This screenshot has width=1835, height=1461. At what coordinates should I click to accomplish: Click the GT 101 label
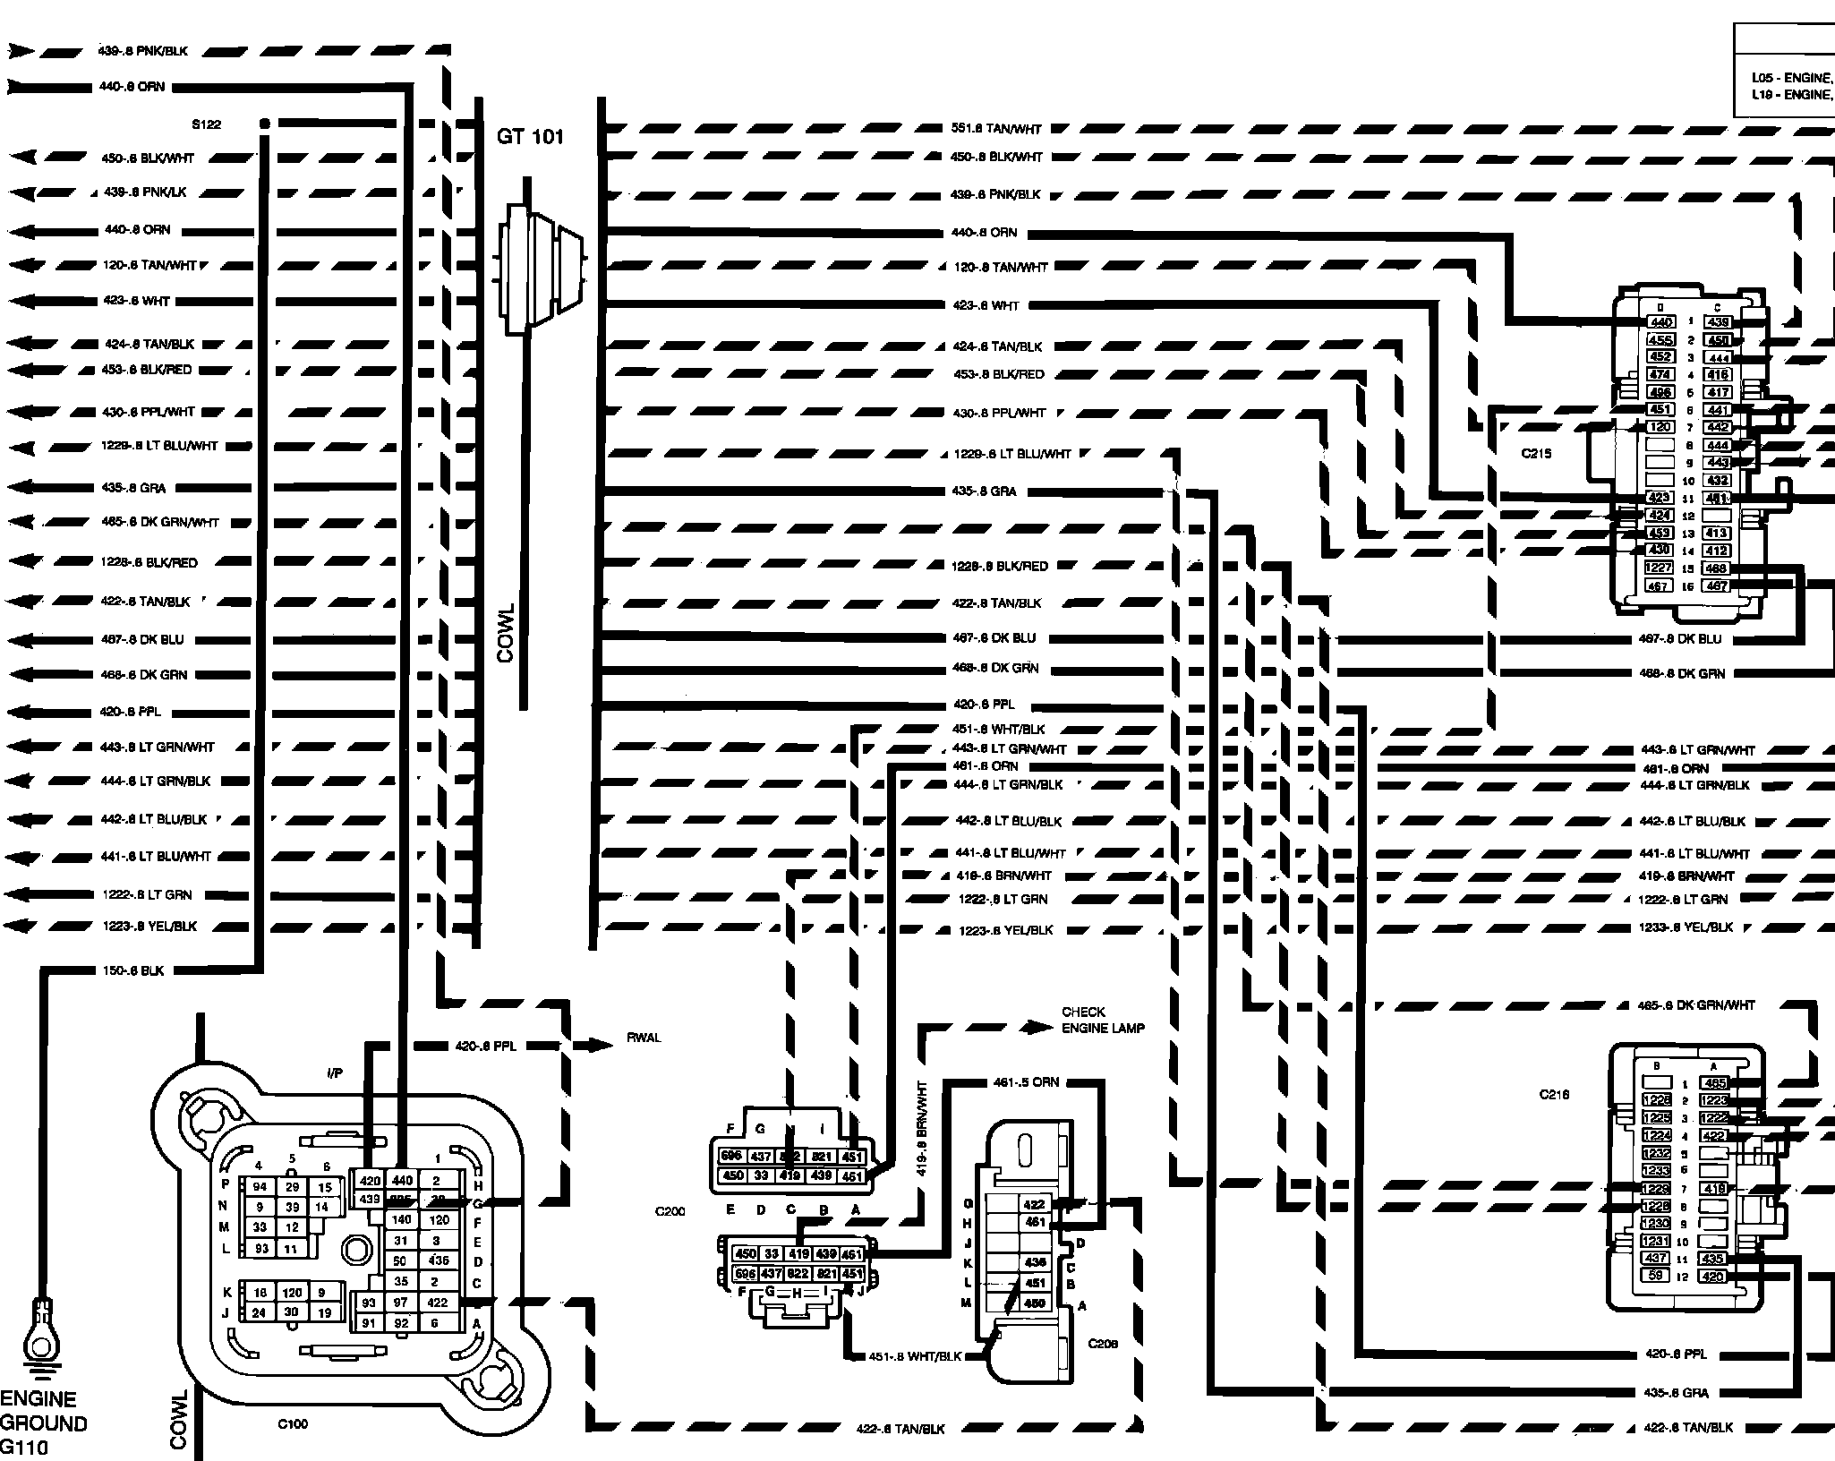(530, 137)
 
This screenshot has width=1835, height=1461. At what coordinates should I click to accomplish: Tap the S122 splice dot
(264, 122)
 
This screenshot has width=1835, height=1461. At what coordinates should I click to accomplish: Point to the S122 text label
(206, 124)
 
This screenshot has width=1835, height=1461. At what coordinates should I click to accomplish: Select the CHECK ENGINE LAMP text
(1102, 1020)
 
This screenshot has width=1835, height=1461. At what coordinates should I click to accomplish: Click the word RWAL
(644, 1038)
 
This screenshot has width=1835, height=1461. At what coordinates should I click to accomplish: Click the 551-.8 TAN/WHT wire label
(996, 129)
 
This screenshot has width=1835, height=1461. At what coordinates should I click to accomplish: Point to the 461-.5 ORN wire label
(1026, 1081)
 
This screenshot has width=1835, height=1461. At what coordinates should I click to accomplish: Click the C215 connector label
(1536, 454)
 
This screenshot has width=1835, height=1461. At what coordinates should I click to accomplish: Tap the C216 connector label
(1554, 1094)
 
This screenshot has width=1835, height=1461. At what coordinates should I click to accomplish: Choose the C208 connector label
(1103, 1343)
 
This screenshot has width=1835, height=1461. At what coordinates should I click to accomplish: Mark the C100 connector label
(293, 1423)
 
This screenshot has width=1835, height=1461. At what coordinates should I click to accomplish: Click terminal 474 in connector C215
(1660, 374)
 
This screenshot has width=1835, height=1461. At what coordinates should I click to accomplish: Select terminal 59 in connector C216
(1656, 1276)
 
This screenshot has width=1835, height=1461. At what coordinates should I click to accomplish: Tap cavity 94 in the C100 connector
(260, 1187)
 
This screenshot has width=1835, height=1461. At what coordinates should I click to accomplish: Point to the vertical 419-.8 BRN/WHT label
(922, 1128)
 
